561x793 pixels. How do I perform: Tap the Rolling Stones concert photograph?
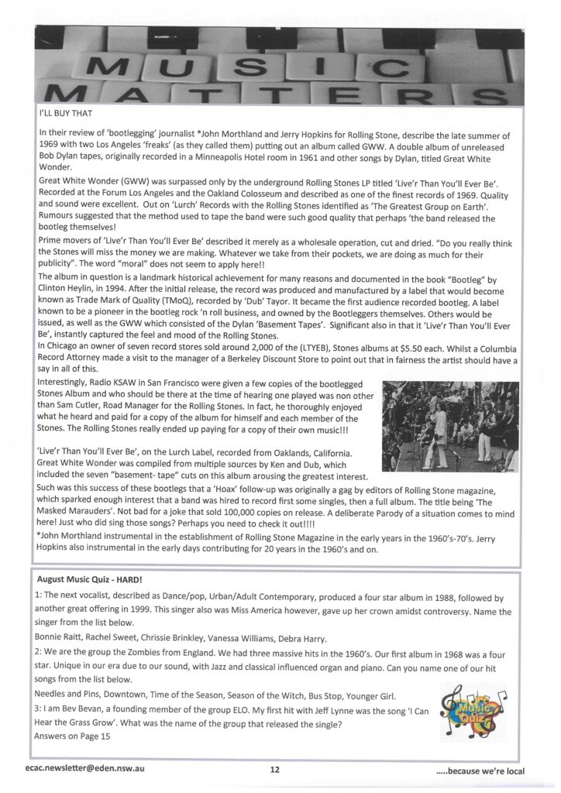450,426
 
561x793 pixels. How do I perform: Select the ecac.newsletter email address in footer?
85,769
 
